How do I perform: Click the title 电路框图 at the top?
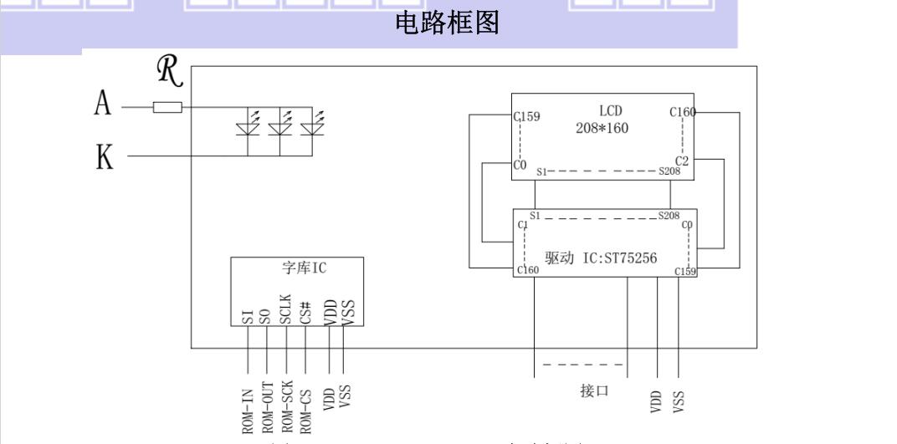coord(447,26)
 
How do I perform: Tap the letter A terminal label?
coord(102,108)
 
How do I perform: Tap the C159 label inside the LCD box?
coord(526,117)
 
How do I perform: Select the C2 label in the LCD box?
coord(683,160)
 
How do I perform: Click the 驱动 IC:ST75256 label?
coord(600,259)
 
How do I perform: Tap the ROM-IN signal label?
coord(248,408)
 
